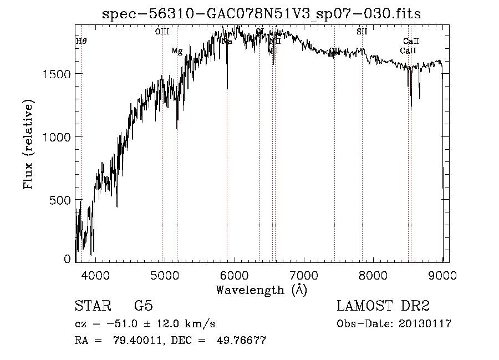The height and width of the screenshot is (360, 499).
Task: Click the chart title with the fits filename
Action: point(262,14)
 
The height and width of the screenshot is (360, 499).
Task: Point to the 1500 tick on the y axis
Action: point(58,74)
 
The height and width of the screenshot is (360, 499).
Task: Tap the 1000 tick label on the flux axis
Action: point(58,137)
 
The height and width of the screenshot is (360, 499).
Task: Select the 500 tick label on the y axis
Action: point(62,200)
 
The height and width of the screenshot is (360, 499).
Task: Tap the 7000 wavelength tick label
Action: point(304,275)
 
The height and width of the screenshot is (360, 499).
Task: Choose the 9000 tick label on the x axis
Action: point(442,275)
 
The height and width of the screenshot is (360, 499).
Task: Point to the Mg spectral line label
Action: point(177,51)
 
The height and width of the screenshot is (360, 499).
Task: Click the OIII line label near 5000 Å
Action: point(162,32)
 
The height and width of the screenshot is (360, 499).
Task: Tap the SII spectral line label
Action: point(361,32)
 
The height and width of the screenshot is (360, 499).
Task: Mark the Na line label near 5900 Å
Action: point(227,42)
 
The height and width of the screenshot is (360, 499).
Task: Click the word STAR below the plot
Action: point(91,306)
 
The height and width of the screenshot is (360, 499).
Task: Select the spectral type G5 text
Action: point(144,306)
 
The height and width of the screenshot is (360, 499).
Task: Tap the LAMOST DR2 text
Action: point(383,306)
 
